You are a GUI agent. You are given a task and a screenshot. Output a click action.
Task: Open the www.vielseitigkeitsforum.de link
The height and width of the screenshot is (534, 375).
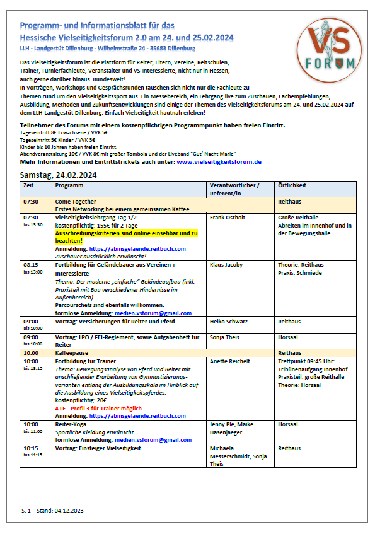[219, 162]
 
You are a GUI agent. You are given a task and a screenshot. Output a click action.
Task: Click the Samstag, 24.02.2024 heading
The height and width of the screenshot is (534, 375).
[58, 175]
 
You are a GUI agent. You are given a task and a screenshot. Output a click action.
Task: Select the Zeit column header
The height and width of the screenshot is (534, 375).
[28, 185]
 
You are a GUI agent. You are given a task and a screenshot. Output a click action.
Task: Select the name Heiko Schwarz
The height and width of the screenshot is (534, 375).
[227, 321]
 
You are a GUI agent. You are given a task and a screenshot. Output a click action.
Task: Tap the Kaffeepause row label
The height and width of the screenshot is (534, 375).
[73, 353]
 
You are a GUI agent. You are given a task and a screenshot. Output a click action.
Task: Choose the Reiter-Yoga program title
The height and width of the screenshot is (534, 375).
[71, 424]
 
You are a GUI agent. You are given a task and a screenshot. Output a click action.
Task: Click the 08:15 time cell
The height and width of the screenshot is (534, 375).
[31, 265]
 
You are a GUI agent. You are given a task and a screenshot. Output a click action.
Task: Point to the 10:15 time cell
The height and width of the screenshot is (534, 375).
[31, 448]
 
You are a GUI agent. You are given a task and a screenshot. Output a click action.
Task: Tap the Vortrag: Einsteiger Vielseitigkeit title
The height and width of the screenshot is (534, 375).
[101, 448]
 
